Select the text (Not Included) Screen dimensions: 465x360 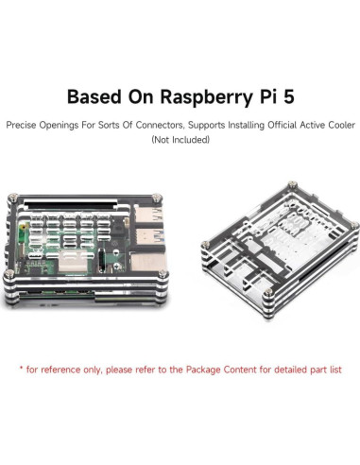click(180, 139)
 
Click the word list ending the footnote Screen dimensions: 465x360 click(336, 366)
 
